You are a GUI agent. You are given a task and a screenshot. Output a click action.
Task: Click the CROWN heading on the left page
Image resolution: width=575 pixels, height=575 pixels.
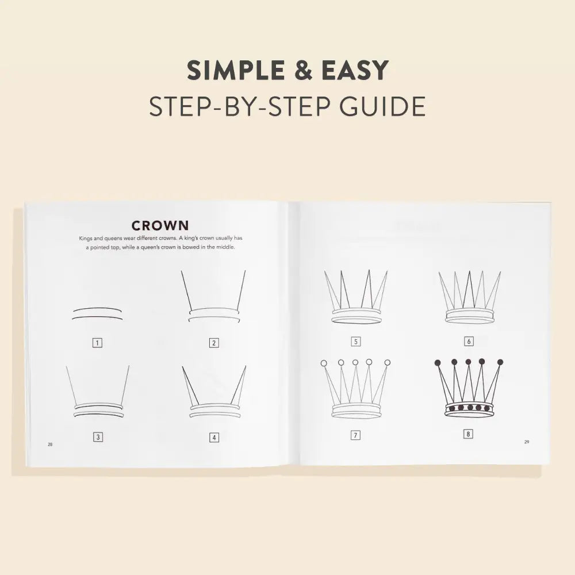pyautogui.click(x=160, y=224)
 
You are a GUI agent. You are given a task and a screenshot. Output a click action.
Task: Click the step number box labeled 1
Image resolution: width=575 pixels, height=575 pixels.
pyautogui.click(x=97, y=343)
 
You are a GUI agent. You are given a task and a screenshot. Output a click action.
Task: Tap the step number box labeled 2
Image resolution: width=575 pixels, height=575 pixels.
pyautogui.click(x=214, y=343)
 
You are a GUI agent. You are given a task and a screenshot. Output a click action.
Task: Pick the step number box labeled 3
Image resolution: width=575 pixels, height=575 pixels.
pyautogui.click(x=97, y=437)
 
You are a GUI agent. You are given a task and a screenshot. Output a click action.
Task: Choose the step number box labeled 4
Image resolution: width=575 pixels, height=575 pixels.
pyautogui.click(x=214, y=438)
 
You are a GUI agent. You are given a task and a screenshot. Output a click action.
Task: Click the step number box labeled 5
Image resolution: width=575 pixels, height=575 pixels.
pyautogui.click(x=356, y=342)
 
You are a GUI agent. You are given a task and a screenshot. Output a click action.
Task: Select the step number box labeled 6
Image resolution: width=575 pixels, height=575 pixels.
pyautogui.click(x=469, y=342)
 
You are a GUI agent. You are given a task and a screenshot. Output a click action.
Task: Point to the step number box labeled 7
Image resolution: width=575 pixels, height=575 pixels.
pyautogui.click(x=356, y=435)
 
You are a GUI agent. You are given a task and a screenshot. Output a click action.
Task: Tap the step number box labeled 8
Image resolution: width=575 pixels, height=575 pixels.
pyautogui.click(x=469, y=434)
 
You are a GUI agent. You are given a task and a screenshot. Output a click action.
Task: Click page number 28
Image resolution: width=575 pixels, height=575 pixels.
pyautogui.click(x=51, y=444)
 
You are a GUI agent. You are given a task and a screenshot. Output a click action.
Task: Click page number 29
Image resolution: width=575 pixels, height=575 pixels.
pyautogui.click(x=526, y=442)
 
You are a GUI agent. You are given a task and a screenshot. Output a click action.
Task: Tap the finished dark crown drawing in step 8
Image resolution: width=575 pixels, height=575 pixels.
pyautogui.click(x=469, y=391)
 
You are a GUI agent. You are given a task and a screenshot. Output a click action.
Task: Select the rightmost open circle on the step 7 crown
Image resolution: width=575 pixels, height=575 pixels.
pyautogui.click(x=388, y=363)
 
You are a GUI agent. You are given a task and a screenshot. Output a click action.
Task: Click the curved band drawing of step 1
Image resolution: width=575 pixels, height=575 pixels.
pyautogui.click(x=98, y=313)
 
